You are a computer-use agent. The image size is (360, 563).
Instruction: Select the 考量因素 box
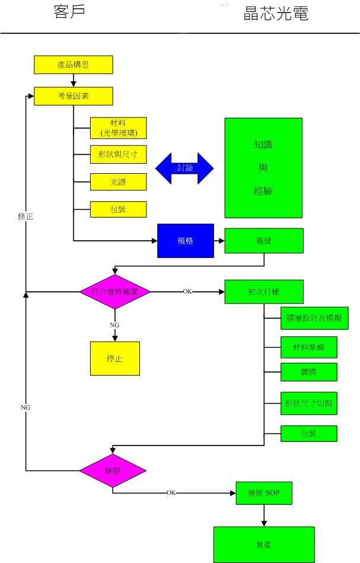(x=73, y=96)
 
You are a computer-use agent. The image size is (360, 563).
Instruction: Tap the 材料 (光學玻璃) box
(x=118, y=128)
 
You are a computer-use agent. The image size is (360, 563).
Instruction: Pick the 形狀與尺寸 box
(x=118, y=154)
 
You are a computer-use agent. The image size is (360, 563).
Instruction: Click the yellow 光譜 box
(x=118, y=182)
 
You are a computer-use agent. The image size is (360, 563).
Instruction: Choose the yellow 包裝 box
(x=118, y=209)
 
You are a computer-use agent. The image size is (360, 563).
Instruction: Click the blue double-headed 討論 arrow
(x=184, y=168)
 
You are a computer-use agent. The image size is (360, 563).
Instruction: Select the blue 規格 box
(x=185, y=240)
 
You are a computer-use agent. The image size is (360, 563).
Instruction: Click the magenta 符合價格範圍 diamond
(x=115, y=291)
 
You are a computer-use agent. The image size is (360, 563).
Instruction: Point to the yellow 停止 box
(x=115, y=358)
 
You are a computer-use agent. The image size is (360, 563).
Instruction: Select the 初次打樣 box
(x=264, y=291)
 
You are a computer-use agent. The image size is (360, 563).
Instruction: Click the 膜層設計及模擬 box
(x=314, y=318)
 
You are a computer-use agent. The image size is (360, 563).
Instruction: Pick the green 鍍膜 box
(x=308, y=372)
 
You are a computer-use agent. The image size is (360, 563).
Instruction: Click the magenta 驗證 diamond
(x=113, y=470)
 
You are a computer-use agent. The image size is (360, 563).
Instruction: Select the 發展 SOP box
(x=264, y=493)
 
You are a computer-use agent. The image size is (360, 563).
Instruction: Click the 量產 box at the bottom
(x=264, y=544)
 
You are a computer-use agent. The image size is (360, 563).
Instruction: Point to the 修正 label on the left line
(x=25, y=217)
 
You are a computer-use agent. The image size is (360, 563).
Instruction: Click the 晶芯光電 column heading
(x=276, y=14)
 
